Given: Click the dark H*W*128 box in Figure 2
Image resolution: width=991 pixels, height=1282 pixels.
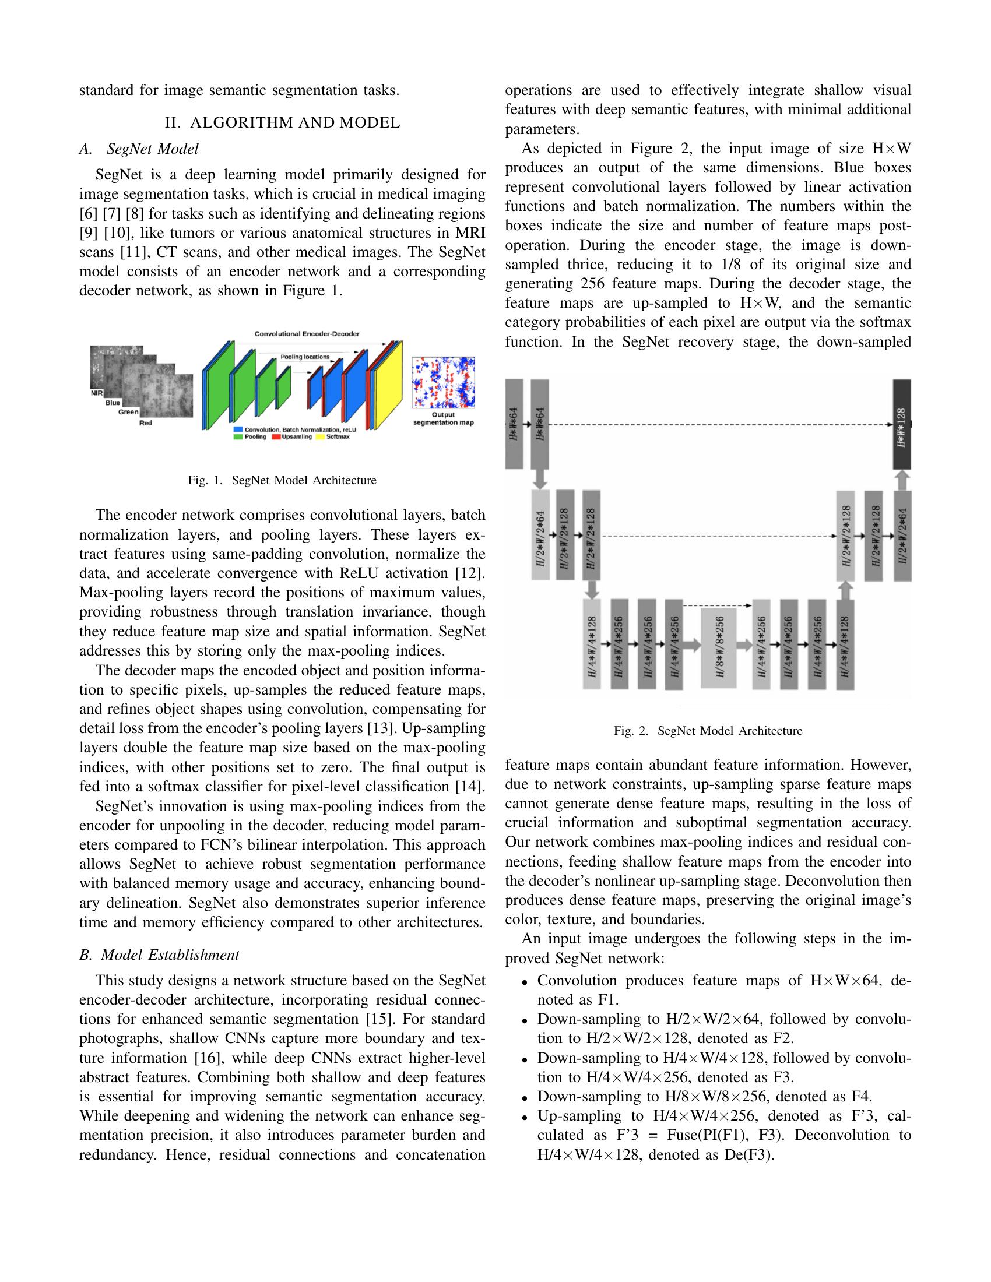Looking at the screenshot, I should point(902,424).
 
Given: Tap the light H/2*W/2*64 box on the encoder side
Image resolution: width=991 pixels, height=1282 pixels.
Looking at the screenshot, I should point(541,535).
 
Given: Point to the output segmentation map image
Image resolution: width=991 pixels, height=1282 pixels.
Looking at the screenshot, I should point(443,382).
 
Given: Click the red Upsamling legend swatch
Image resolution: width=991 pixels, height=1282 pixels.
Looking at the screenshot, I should point(276,436).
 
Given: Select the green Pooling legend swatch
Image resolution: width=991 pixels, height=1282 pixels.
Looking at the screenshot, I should point(238,436).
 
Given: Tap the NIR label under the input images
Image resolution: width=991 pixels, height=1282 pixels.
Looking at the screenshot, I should point(97,393).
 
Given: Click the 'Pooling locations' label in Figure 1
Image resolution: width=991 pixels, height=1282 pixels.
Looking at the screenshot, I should point(305,356).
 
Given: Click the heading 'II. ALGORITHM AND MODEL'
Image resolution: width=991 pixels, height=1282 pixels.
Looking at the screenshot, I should point(282,123).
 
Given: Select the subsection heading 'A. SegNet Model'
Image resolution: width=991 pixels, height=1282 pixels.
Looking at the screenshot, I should point(139,149).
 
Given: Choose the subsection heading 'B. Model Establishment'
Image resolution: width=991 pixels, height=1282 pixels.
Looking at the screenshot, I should point(159,955).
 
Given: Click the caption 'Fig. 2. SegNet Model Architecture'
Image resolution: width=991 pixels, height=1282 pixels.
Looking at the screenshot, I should point(708,731).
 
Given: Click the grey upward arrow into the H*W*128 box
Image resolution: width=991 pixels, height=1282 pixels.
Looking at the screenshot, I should point(902,481).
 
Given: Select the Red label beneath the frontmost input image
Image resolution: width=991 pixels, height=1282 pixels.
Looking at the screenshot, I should point(145,422).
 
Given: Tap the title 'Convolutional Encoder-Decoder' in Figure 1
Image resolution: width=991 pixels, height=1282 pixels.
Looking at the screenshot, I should point(307,333).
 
